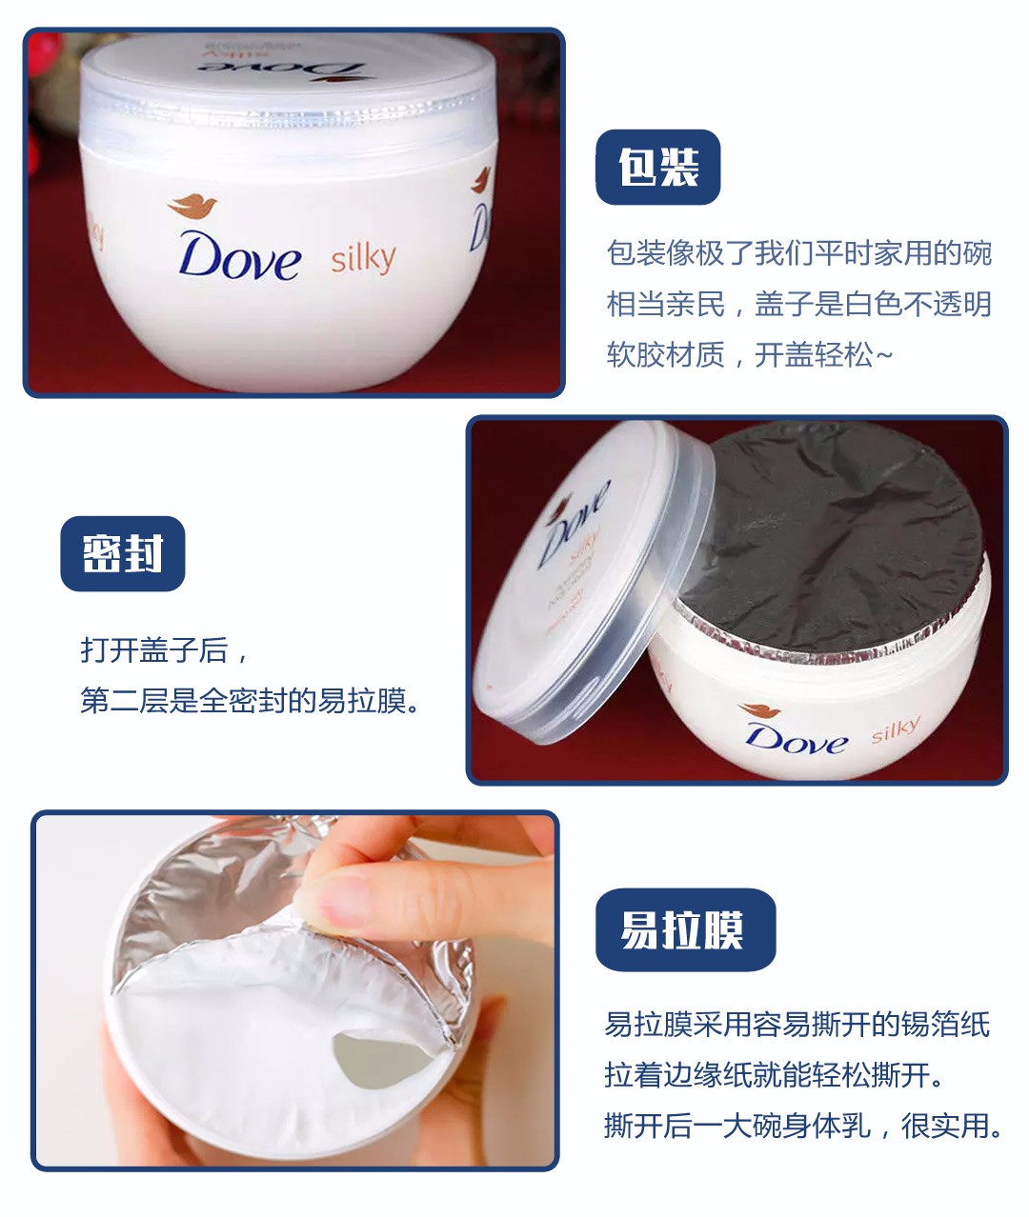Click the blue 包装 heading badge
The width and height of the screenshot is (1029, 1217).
click(657, 168)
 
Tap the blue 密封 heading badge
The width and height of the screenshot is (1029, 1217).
click(122, 554)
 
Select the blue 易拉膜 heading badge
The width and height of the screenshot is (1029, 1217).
click(684, 929)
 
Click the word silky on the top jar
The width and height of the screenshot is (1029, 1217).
click(363, 258)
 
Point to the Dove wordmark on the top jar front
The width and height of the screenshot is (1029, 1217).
click(240, 256)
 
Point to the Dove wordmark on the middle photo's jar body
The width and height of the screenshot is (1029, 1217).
click(796, 739)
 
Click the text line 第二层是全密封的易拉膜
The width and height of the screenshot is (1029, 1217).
click(250, 701)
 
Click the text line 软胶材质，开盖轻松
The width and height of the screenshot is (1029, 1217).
click(750, 355)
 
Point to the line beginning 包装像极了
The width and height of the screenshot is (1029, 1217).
click(798, 253)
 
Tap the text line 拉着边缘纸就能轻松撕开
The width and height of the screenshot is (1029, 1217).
click(777, 1075)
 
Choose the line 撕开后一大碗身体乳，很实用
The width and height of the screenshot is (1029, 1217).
click(804, 1126)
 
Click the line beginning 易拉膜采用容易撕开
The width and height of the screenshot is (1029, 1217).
click(797, 1025)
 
